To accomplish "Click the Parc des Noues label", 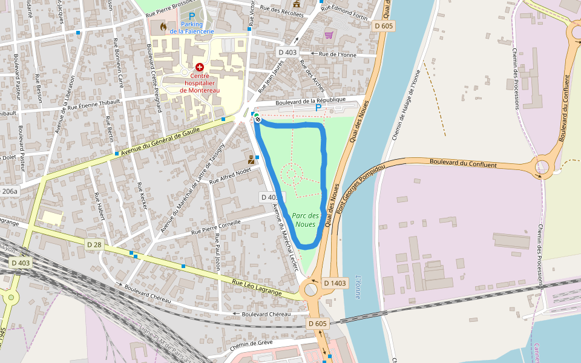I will click(306, 220).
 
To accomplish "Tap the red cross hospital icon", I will click(199, 68).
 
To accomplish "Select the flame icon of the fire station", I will click(162, 27).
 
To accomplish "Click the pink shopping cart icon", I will click(329, 35).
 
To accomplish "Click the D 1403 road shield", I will click(334, 283).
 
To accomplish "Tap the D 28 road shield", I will click(93, 244).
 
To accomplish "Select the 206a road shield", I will click(10, 191).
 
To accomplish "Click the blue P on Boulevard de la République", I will click(318, 108).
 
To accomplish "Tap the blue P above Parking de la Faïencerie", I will click(192, 16).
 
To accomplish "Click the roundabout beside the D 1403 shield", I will click(311, 289).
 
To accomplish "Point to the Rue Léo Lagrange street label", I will click(258, 287).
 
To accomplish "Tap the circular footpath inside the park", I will click(291, 173).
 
